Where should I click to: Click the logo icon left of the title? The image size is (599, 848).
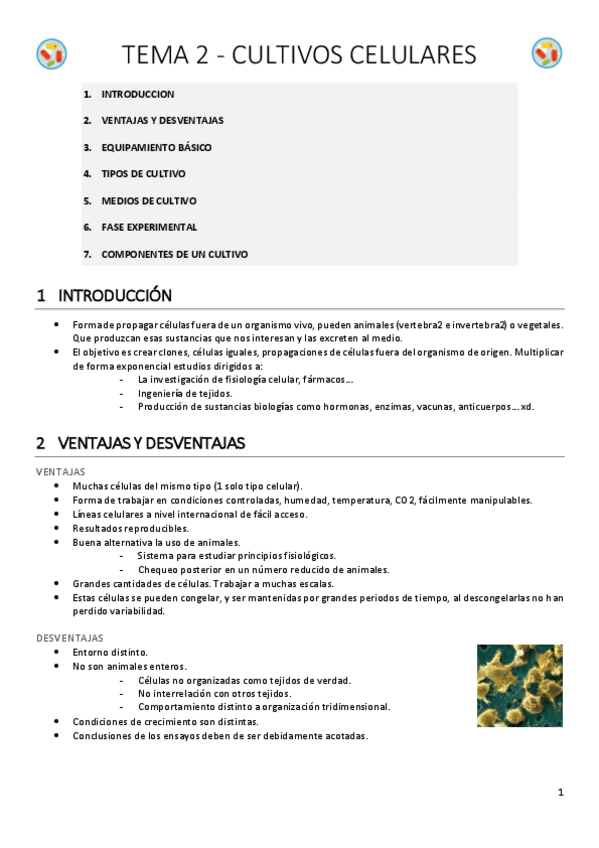pyautogui.click(x=51, y=53)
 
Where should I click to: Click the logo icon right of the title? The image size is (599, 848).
pyautogui.click(x=547, y=53)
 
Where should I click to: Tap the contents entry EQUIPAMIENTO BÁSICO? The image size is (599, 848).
pyautogui.click(x=156, y=147)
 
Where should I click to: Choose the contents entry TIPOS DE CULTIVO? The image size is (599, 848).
pyautogui.click(x=143, y=174)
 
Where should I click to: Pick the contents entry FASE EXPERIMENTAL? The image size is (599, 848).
pyautogui.click(x=149, y=227)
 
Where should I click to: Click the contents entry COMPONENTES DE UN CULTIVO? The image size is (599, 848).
pyautogui.click(x=174, y=254)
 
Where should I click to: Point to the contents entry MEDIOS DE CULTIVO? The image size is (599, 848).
pyautogui.click(x=149, y=201)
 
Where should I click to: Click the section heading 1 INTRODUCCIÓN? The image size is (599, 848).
pyautogui.click(x=104, y=296)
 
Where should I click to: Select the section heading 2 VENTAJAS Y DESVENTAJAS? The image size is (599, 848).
pyautogui.click(x=140, y=442)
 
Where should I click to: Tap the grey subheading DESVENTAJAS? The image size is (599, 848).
pyautogui.click(x=69, y=637)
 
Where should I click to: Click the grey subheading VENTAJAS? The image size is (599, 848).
pyautogui.click(x=60, y=471)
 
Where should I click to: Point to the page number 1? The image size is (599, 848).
pyautogui.click(x=561, y=793)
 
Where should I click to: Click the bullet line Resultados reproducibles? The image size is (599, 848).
pyautogui.click(x=130, y=527)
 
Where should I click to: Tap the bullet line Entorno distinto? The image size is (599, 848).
pyautogui.click(x=110, y=651)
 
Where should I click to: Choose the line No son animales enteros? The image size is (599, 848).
pyautogui.click(x=129, y=665)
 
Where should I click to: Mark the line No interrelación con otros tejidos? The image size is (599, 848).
pyautogui.click(x=214, y=693)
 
